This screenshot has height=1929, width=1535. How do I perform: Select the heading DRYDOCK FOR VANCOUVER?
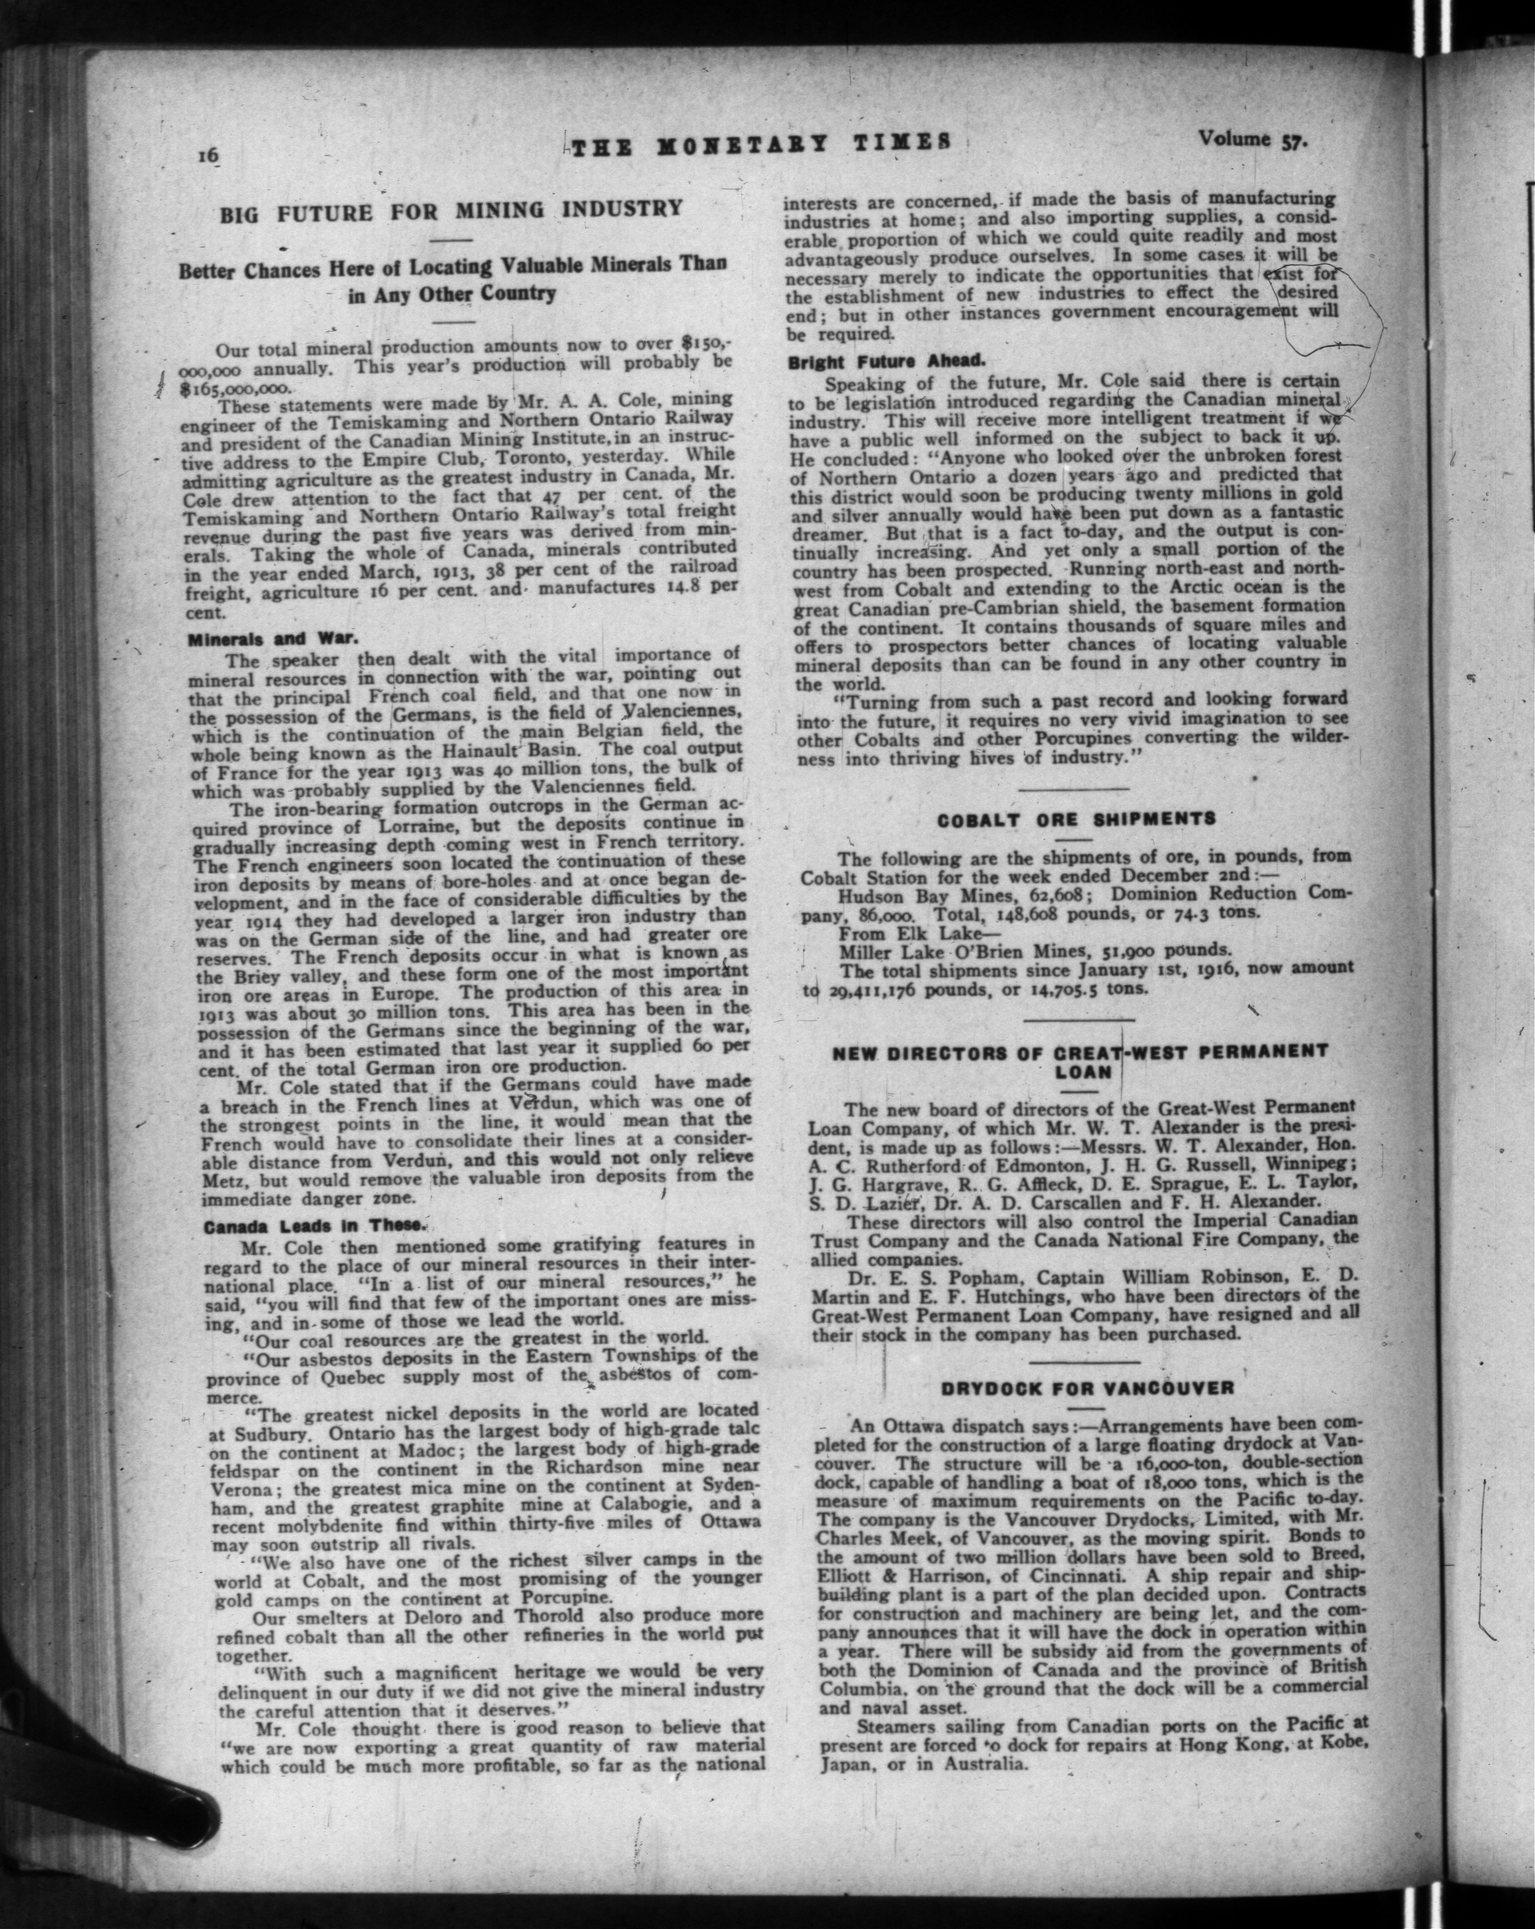click(1087, 1388)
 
